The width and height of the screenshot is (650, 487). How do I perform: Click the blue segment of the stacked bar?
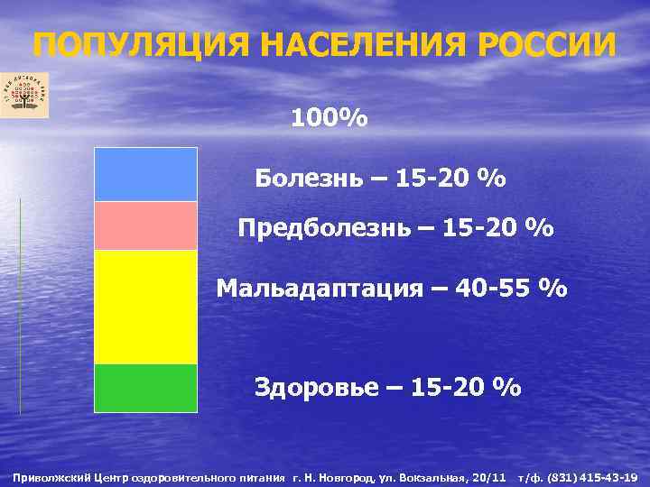click(x=145, y=174)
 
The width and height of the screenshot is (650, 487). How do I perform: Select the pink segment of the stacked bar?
click(x=145, y=225)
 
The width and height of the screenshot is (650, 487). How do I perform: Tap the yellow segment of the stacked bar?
click(x=145, y=307)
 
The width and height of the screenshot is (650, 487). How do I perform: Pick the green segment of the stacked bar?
click(x=145, y=388)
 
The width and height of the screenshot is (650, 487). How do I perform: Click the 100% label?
click(x=329, y=118)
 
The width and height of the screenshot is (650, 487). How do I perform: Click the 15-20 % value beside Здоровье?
click(x=466, y=388)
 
